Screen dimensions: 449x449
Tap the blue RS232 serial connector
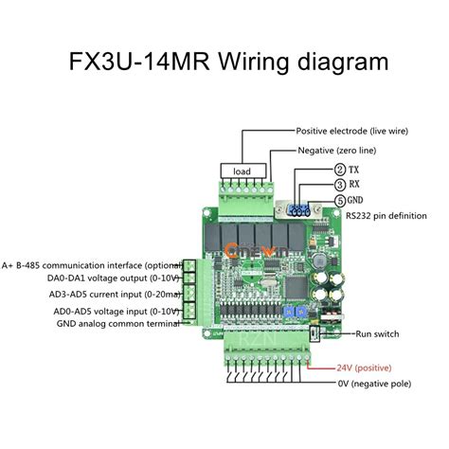(300, 209)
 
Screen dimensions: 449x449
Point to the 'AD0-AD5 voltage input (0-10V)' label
(102, 310)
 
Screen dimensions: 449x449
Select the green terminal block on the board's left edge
(191, 289)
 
